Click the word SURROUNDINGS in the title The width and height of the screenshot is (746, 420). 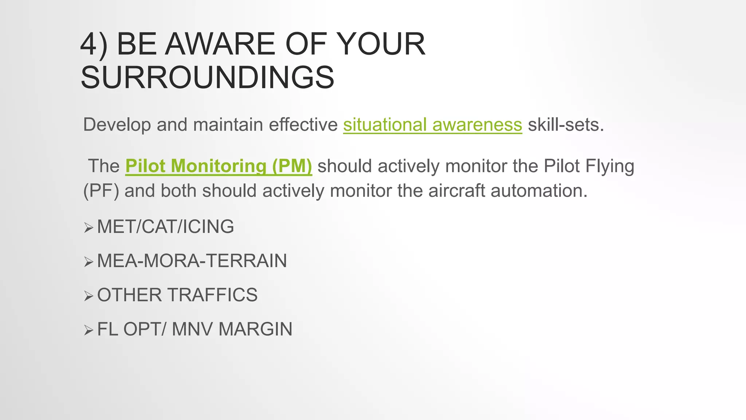click(207, 77)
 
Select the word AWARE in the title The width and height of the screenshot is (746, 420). click(220, 44)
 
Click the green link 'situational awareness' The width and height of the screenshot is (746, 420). click(432, 125)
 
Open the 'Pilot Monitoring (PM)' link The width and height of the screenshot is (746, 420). click(219, 166)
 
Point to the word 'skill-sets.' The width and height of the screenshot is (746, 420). click(566, 125)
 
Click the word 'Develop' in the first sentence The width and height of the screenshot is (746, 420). click(117, 125)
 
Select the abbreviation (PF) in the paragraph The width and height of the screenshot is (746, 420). click(101, 191)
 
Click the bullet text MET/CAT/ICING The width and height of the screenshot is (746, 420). click(165, 226)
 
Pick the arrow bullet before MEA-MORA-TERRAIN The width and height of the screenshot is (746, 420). click(89, 262)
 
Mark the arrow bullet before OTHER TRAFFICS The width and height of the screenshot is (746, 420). click(89, 296)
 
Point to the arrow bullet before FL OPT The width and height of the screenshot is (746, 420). click(89, 330)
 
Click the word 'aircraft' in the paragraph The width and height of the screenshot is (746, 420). click(456, 191)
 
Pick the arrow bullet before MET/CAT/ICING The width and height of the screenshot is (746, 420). click(89, 228)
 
